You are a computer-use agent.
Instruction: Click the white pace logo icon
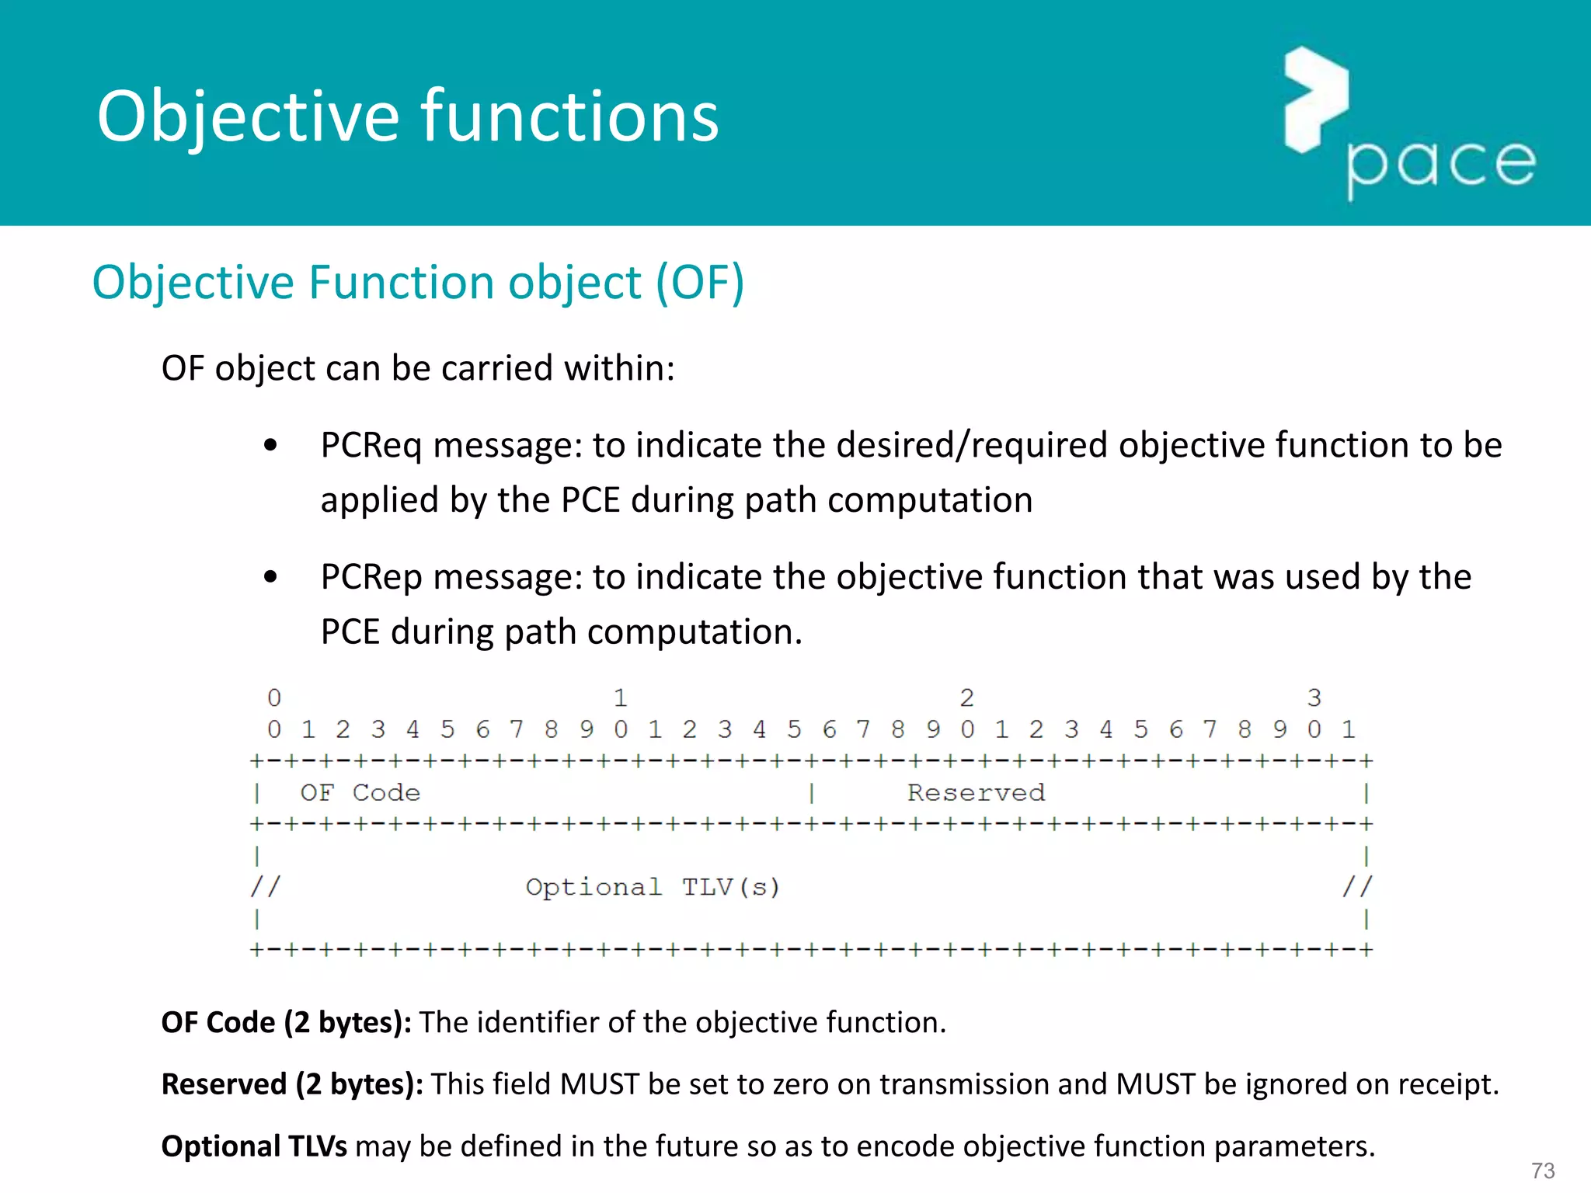pyautogui.click(x=1315, y=99)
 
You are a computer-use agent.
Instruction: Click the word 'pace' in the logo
pyautogui.click(x=1441, y=164)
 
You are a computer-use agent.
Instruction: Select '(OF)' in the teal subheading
pyautogui.click(x=700, y=282)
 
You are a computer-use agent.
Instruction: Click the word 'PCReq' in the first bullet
pyautogui.click(x=371, y=446)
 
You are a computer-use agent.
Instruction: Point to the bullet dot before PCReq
pyautogui.click(x=270, y=446)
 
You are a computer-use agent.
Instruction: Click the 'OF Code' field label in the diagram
pyautogui.click(x=360, y=793)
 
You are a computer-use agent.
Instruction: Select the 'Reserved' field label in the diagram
pyautogui.click(x=976, y=793)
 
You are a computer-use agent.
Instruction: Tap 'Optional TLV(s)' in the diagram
pyautogui.click(x=653, y=887)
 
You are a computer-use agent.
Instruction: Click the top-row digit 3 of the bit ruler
pyautogui.click(x=1314, y=697)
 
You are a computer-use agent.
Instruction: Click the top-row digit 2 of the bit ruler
pyautogui.click(x=966, y=697)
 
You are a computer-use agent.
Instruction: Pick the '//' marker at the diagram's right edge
pyautogui.click(x=1357, y=886)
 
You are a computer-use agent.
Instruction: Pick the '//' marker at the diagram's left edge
pyautogui.click(x=265, y=886)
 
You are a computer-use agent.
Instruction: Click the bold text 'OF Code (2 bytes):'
pyautogui.click(x=286, y=1023)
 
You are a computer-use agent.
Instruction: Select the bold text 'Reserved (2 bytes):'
pyautogui.click(x=291, y=1084)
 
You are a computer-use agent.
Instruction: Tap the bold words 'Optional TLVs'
pyautogui.click(x=253, y=1146)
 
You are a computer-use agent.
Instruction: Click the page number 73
pyautogui.click(x=1542, y=1170)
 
